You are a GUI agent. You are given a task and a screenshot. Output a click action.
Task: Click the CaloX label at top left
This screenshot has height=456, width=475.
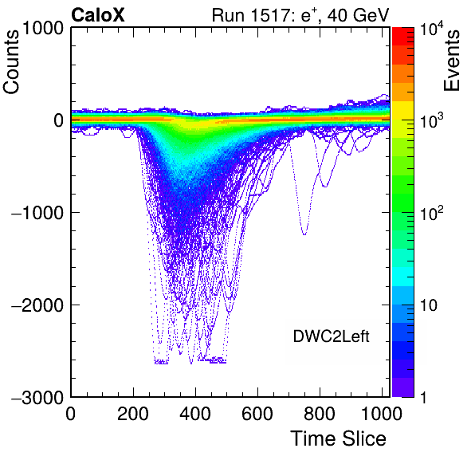[x=98, y=15]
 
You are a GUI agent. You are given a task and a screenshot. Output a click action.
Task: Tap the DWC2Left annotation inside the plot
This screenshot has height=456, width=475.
[x=331, y=336]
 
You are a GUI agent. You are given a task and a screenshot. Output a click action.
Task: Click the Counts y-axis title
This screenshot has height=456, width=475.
[x=11, y=62]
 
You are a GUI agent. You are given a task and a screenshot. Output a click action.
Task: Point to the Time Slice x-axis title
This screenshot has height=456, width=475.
[x=339, y=438]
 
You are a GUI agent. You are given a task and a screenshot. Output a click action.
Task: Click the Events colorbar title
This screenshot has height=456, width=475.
[x=451, y=61]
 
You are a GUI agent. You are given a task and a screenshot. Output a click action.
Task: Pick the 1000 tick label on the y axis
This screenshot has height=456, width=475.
[x=43, y=28]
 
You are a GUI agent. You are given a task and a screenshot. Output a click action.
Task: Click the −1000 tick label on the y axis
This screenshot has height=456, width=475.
[x=38, y=213]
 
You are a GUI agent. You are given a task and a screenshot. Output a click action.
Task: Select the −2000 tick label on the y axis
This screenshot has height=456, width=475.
[x=38, y=305]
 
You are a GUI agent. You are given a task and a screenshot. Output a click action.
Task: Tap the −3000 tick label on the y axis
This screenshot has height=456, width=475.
[x=38, y=397]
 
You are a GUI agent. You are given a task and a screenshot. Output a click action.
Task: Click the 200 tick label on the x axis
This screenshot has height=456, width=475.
[x=133, y=414]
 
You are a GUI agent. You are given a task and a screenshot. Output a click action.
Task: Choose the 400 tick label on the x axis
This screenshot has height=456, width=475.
[x=195, y=414]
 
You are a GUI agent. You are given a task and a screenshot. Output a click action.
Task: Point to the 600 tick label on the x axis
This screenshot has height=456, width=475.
[x=257, y=414]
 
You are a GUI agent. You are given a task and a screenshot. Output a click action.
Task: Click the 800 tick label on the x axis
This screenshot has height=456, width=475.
[x=320, y=414]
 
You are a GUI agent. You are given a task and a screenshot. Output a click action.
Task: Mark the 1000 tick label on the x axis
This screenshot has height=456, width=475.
[x=382, y=414]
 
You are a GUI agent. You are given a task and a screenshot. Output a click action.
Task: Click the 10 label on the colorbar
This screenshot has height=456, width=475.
[x=429, y=306]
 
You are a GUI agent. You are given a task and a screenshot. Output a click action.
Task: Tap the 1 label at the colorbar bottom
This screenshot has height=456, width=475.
[x=424, y=397]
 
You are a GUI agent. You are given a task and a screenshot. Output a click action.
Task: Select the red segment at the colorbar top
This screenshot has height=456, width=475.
[x=403, y=37]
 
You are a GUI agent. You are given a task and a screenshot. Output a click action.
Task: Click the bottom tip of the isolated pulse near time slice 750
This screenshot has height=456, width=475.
[x=304, y=235]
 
